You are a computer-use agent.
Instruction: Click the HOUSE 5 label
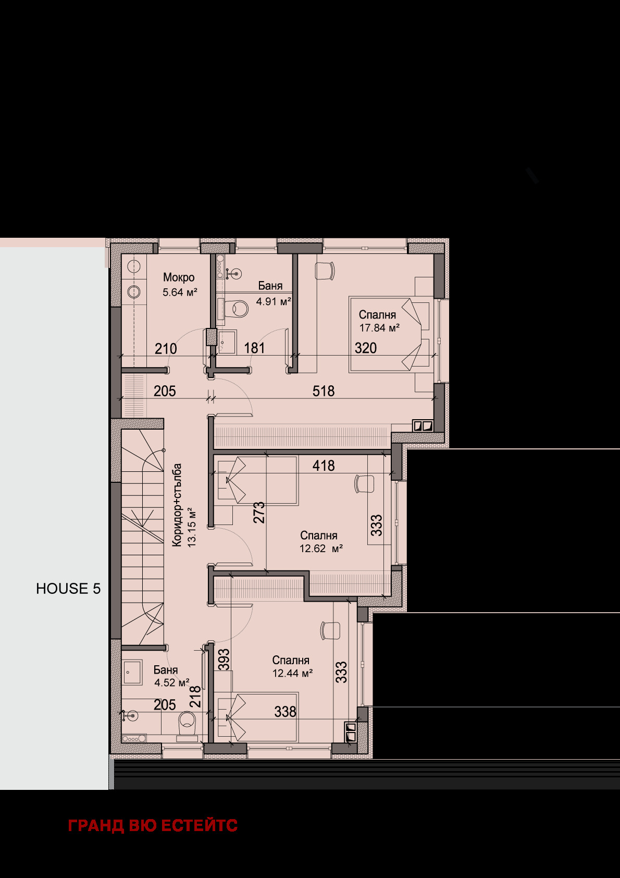point(68,589)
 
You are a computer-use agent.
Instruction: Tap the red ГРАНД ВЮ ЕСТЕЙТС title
point(153,825)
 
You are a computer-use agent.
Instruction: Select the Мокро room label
point(179,277)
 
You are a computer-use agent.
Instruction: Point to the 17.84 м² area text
point(379,327)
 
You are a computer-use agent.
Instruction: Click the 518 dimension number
point(324,391)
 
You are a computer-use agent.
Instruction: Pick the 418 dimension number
point(324,466)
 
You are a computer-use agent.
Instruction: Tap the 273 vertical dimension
point(259,513)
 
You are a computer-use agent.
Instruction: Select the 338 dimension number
point(285,711)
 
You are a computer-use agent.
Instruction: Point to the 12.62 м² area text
point(321,548)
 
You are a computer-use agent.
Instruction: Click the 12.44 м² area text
point(293,674)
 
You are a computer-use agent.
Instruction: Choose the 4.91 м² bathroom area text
point(274,301)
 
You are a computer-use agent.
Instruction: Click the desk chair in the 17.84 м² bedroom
point(325,271)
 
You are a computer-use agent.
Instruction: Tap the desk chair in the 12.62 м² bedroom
point(364,484)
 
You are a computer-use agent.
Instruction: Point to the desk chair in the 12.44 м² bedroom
point(330,630)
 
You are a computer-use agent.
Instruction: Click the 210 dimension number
point(166,348)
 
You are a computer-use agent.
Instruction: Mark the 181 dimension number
point(254,348)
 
